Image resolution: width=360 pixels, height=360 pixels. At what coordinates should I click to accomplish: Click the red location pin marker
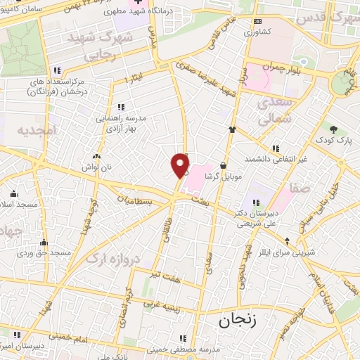tap(181, 165)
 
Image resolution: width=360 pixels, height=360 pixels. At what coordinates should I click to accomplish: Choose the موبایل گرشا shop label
tap(223, 175)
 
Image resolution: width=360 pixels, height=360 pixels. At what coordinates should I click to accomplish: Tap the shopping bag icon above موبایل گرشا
tap(223, 165)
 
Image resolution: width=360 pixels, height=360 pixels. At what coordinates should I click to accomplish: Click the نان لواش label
tap(96, 167)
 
